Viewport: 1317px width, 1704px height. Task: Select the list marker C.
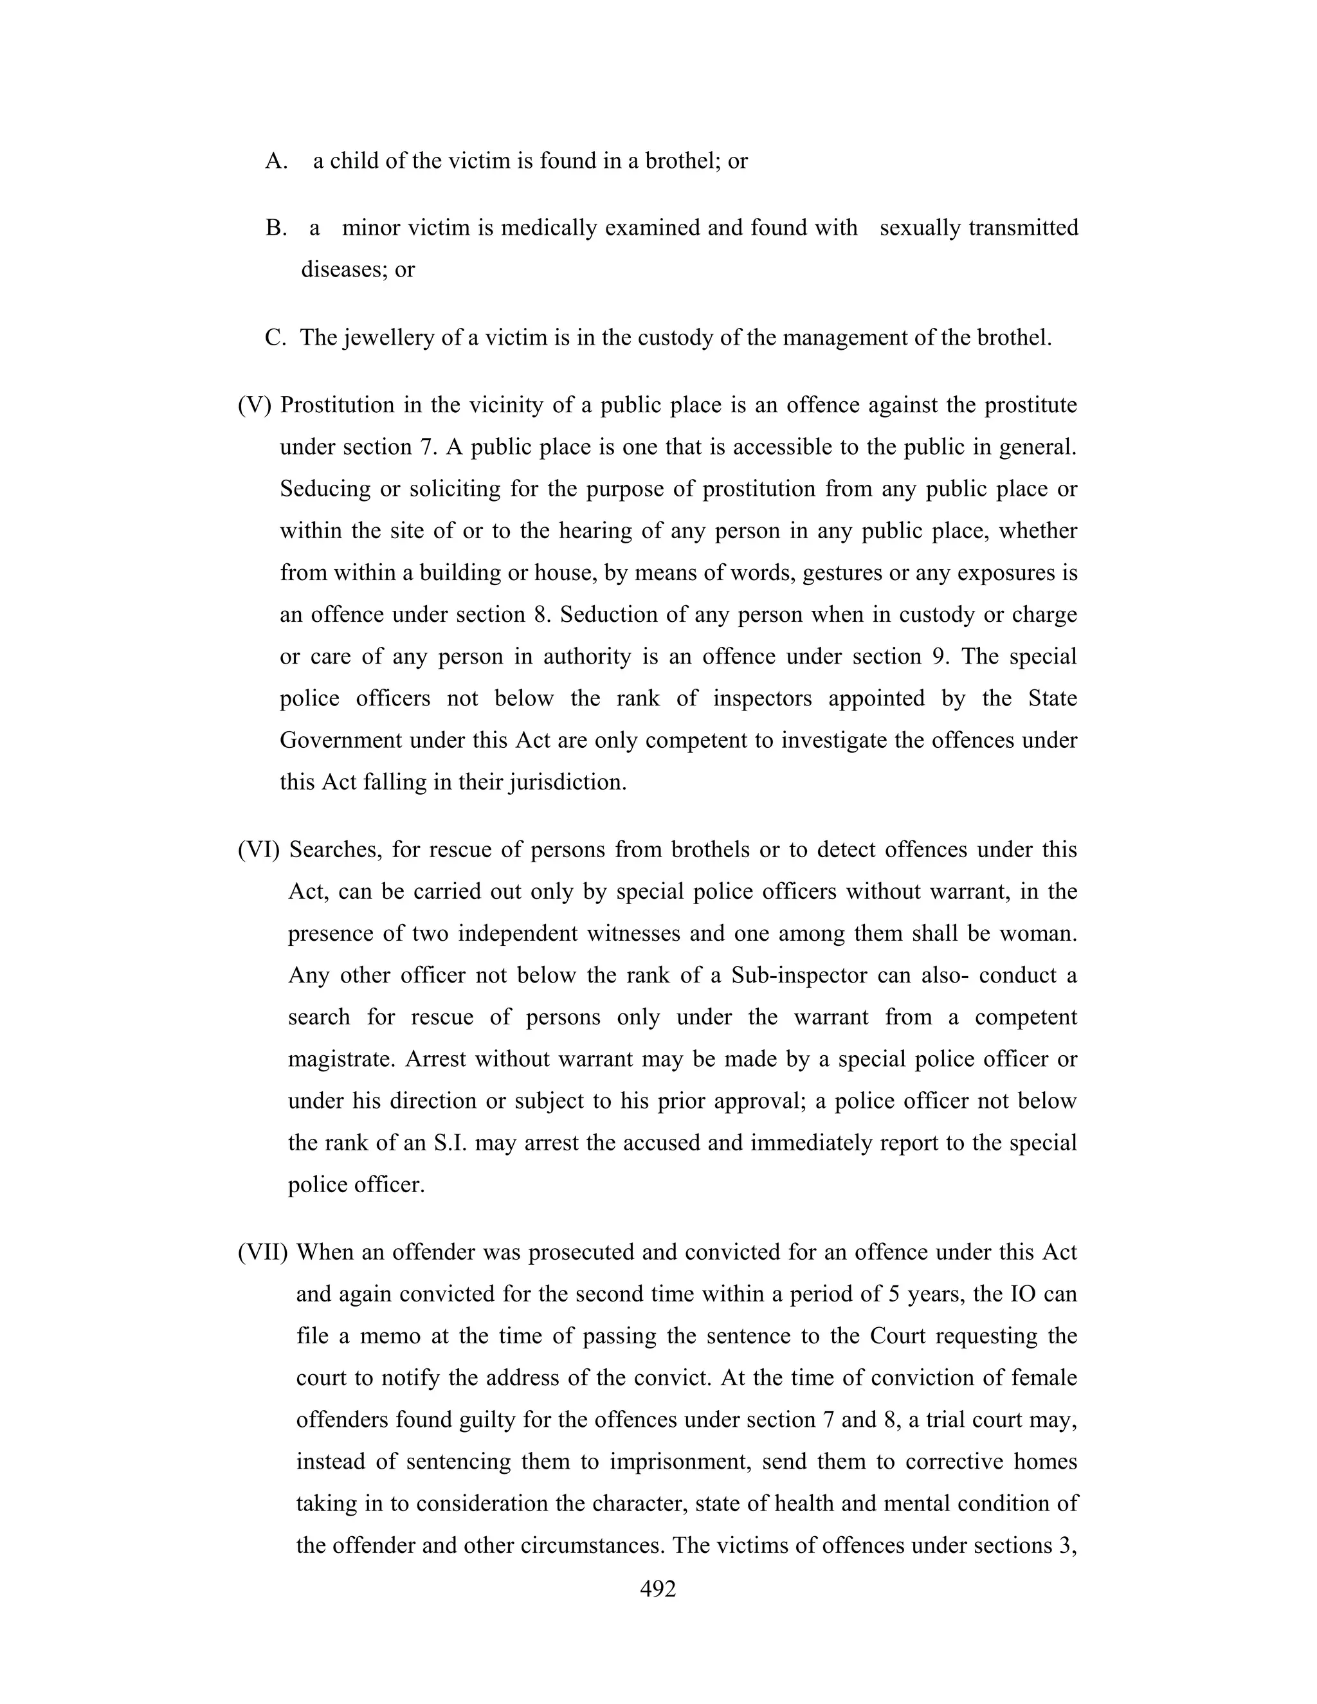[276, 338]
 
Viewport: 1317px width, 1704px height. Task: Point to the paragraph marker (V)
[255, 406]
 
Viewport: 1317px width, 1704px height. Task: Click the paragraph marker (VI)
[259, 849]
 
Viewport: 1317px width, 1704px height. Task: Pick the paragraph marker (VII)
[263, 1252]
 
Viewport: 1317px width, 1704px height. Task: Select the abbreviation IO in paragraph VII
[1024, 1294]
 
